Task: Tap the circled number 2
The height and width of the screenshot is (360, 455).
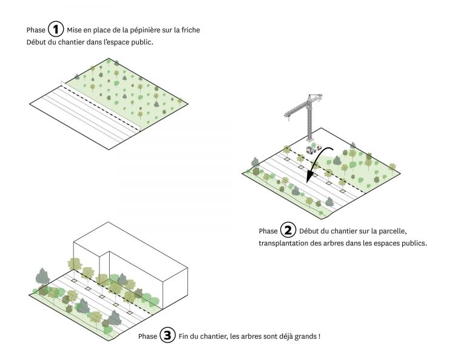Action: pyautogui.click(x=288, y=231)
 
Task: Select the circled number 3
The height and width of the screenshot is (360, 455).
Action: pyautogui.click(x=167, y=336)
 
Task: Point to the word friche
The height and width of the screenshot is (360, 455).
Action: pyautogui.click(x=189, y=30)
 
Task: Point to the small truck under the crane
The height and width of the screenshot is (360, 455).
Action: pyautogui.click(x=314, y=148)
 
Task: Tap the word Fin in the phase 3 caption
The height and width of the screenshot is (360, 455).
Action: pyautogui.click(x=184, y=336)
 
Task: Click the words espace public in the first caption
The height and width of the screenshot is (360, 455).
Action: pyautogui.click(x=135, y=42)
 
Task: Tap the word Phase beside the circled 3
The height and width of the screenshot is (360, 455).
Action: pyautogui.click(x=147, y=336)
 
